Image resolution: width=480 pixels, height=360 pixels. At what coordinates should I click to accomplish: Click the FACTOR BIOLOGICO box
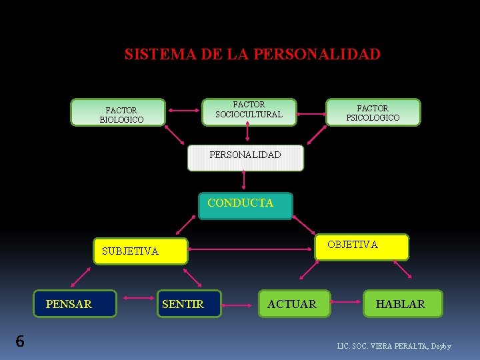point(118,113)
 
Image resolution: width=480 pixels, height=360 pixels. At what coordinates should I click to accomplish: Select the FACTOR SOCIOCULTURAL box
point(249,110)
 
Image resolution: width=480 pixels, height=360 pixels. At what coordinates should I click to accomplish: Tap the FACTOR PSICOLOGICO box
point(373,113)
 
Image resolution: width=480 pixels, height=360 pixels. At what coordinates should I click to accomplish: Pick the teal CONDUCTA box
point(245,206)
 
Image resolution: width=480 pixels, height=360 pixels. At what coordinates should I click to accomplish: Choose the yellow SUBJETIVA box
point(140,251)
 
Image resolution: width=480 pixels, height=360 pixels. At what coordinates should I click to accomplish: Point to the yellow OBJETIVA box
point(361,246)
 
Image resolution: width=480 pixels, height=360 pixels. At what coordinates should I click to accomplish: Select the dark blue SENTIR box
point(190,304)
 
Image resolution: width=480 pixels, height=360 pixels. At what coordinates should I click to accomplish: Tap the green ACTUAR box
point(291,304)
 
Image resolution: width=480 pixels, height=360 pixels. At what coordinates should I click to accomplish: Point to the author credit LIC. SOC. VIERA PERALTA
point(394,347)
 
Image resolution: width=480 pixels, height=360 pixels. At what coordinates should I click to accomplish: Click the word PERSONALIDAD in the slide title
point(327,54)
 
